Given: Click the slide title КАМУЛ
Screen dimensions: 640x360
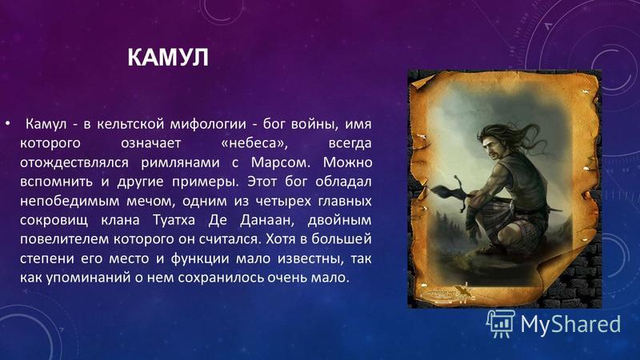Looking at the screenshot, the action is [x=168, y=58].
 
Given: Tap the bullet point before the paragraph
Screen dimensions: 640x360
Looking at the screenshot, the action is [x=7, y=122].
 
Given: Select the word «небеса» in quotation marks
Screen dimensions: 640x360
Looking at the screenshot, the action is [x=250, y=143].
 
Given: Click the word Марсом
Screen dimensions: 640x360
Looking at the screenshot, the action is [x=281, y=162].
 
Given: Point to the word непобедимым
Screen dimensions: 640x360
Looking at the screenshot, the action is [x=70, y=202].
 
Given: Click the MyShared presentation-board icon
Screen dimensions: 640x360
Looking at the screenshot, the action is [x=500, y=324].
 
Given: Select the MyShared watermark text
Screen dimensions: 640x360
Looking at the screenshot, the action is [x=570, y=325].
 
